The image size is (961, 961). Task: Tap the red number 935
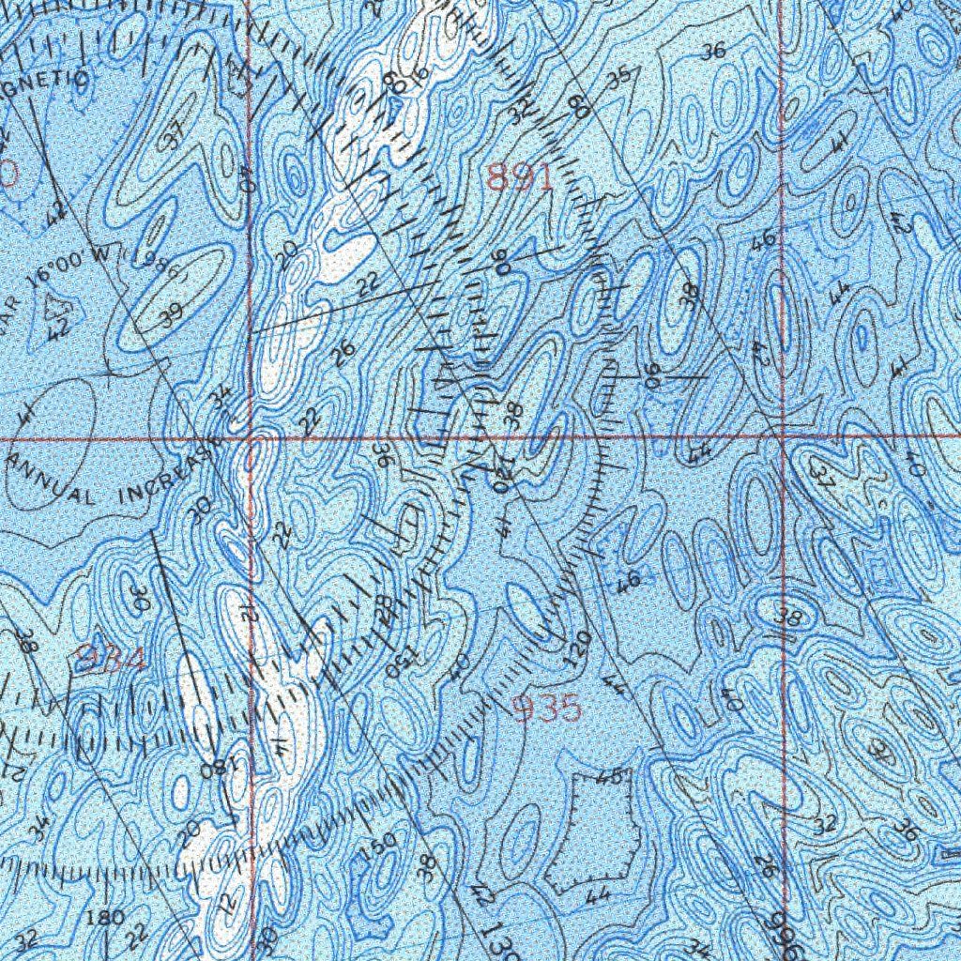click(548, 709)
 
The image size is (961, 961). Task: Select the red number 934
click(111, 660)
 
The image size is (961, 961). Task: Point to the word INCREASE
click(173, 478)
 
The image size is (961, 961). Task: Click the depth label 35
click(618, 80)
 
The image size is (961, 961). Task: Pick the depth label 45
click(608, 777)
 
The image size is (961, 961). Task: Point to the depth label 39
click(171, 316)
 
